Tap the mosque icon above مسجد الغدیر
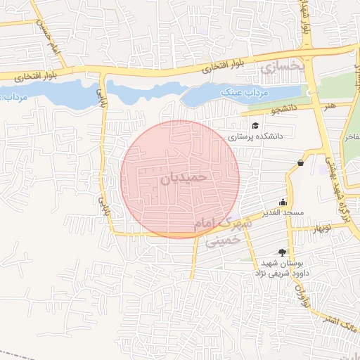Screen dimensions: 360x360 [x=283, y=201]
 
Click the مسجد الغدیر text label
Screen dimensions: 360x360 [x=283, y=212]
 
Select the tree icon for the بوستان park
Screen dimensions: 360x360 [x=283, y=252]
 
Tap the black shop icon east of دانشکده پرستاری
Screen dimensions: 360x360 [x=301, y=162]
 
